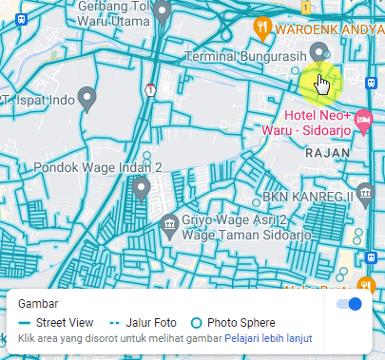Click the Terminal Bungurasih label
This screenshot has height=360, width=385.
point(245,57)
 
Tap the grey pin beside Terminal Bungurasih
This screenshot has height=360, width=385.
point(319,51)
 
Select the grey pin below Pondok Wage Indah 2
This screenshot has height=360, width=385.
point(143,188)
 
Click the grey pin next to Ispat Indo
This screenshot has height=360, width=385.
point(87,97)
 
